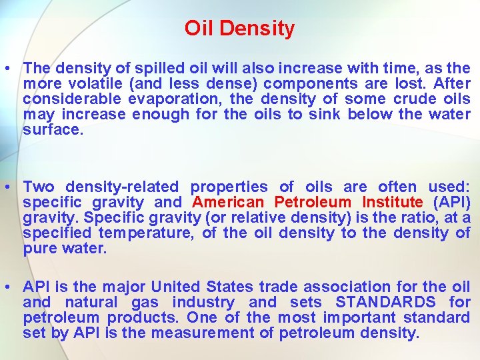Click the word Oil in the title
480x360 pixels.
pos(199,29)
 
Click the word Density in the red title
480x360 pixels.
pos(257,29)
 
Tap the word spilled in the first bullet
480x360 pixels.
pos(155,69)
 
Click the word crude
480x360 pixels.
pos(399,99)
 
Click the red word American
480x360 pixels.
pos(227,203)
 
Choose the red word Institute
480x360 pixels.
pos(393,203)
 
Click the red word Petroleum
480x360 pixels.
pos(312,203)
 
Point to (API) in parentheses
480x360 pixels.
pos(452,203)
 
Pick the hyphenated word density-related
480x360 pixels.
pos(122,187)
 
